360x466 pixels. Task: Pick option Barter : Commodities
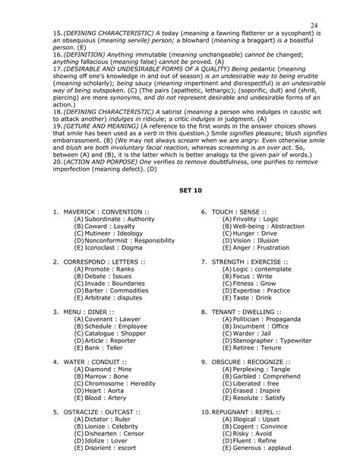[112, 290]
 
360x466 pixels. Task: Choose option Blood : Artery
[101, 398]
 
